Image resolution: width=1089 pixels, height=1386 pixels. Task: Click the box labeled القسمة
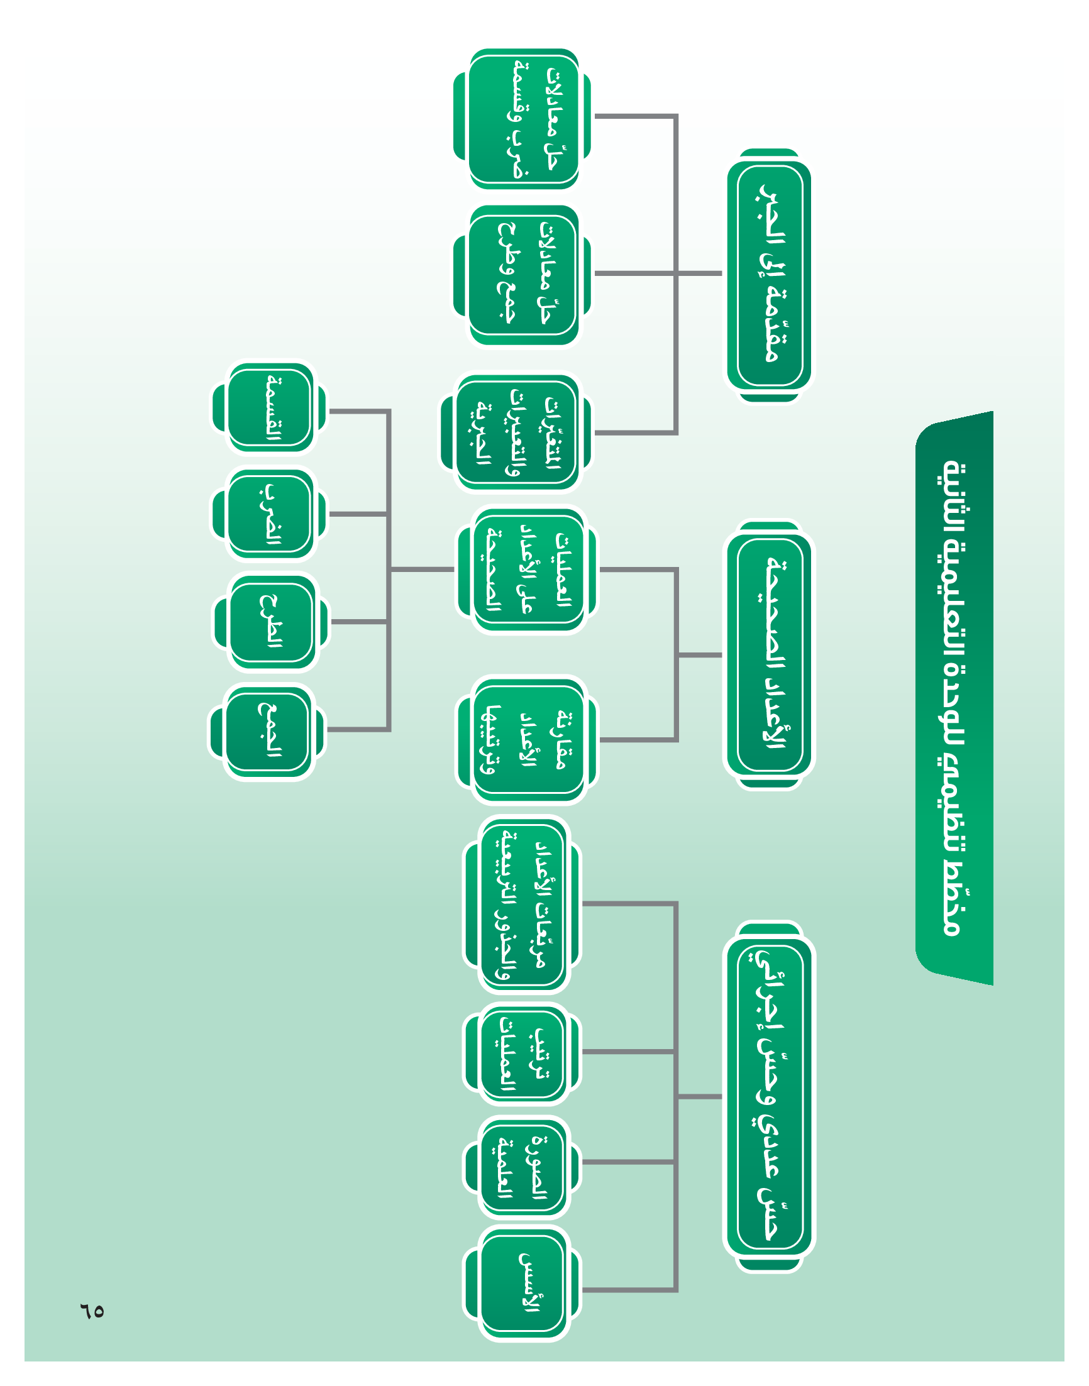[x=269, y=408]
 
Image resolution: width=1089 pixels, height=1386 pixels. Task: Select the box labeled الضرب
[x=269, y=514]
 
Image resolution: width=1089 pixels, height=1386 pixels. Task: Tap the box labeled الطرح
[x=270, y=621]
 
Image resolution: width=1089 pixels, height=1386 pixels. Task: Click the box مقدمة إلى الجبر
[x=769, y=275]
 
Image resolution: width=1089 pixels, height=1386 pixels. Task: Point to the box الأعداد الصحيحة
[x=769, y=655]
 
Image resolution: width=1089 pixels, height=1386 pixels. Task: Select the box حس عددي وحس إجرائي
[x=769, y=1096]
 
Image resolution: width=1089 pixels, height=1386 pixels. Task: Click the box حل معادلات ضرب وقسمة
[x=523, y=119]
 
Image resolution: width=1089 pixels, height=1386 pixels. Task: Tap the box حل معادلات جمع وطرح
[x=523, y=275]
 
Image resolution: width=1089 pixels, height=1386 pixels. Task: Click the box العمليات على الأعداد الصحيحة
[x=528, y=569]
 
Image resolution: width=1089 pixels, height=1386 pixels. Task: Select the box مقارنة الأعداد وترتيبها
[x=528, y=740]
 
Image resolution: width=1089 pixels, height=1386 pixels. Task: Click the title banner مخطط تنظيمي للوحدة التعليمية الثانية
[x=954, y=698]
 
